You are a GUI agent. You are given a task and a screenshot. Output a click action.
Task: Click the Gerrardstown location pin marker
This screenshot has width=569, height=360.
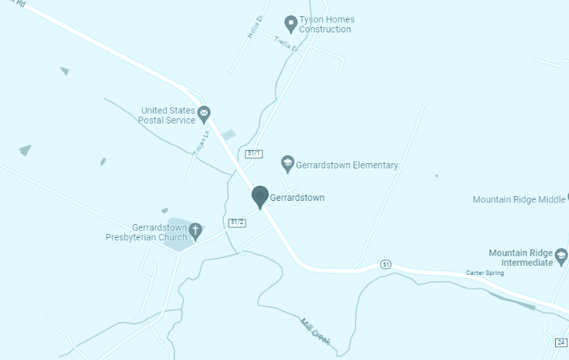260,196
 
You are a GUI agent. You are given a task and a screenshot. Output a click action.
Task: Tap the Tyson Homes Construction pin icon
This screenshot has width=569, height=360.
290,22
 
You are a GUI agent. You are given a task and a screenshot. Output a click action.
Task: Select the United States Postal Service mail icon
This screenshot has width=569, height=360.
204,115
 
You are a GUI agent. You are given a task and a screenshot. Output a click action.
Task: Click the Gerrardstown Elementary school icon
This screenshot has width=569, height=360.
287,162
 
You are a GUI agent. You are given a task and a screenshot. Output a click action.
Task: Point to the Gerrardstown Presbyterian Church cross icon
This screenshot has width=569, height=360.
196,229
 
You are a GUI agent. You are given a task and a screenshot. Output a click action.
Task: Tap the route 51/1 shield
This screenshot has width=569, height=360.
254,154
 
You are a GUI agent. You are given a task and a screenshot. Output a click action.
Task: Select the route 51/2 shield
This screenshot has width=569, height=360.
238,222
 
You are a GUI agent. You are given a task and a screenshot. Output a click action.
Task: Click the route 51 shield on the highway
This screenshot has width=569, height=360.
386,264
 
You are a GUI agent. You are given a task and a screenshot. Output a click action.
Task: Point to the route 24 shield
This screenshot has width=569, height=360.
561,341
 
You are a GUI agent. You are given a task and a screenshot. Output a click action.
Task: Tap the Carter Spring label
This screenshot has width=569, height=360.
484,273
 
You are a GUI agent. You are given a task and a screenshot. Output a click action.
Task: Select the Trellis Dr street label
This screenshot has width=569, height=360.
286,45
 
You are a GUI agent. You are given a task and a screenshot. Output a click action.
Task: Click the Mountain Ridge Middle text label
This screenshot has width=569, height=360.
519,199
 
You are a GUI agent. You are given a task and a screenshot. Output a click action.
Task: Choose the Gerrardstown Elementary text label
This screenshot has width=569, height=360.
347,165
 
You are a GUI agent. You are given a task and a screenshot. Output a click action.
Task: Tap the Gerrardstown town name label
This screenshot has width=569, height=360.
297,198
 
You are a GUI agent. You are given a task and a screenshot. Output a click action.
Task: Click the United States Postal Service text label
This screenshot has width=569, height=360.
167,115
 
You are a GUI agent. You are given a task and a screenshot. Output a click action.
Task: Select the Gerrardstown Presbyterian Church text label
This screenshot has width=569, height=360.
146,233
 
